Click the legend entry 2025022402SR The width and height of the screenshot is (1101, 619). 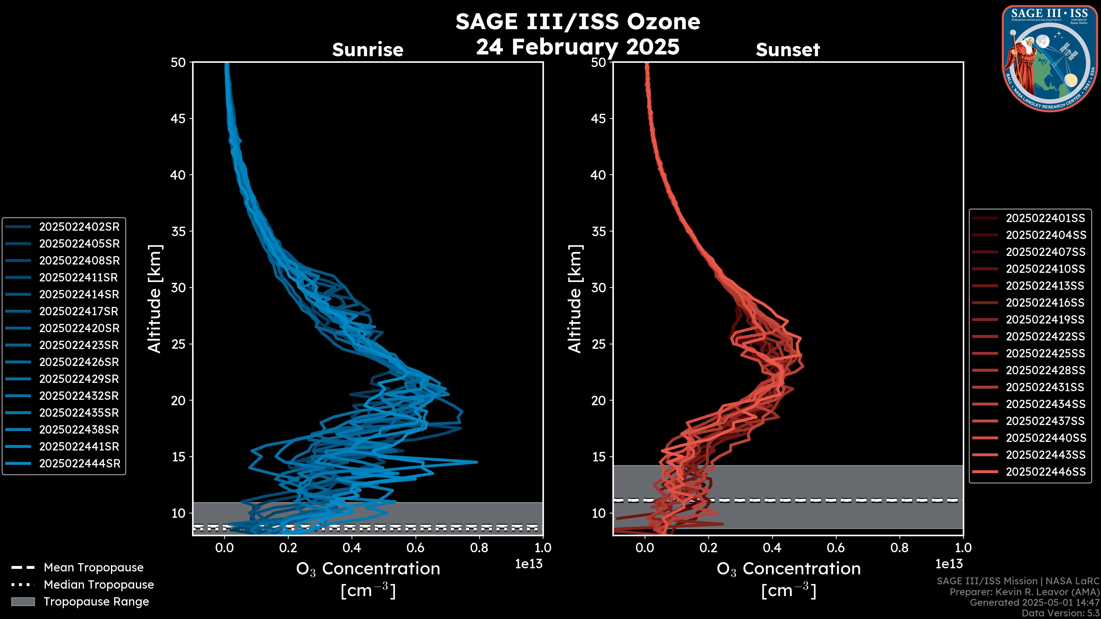(x=79, y=227)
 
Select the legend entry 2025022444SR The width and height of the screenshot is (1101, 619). (x=79, y=463)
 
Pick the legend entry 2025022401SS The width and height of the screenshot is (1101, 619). (x=1045, y=218)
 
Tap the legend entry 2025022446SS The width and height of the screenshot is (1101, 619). (x=1045, y=472)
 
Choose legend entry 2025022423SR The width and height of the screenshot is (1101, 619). (x=79, y=345)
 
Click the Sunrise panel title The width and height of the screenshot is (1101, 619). (x=368, y=50)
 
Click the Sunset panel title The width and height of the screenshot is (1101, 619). (x=788, y=50)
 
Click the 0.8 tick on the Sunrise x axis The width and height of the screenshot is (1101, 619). (x=479, y=548)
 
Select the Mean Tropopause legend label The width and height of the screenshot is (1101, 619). (x=93, y=568)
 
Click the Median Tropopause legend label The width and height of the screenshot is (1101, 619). (x=99, y=585)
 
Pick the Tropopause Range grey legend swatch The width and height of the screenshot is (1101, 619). (x=23, y=602)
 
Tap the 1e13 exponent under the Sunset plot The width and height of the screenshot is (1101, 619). (x=949, y=564)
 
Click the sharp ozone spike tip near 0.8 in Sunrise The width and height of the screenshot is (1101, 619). (x=477, y=462)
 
